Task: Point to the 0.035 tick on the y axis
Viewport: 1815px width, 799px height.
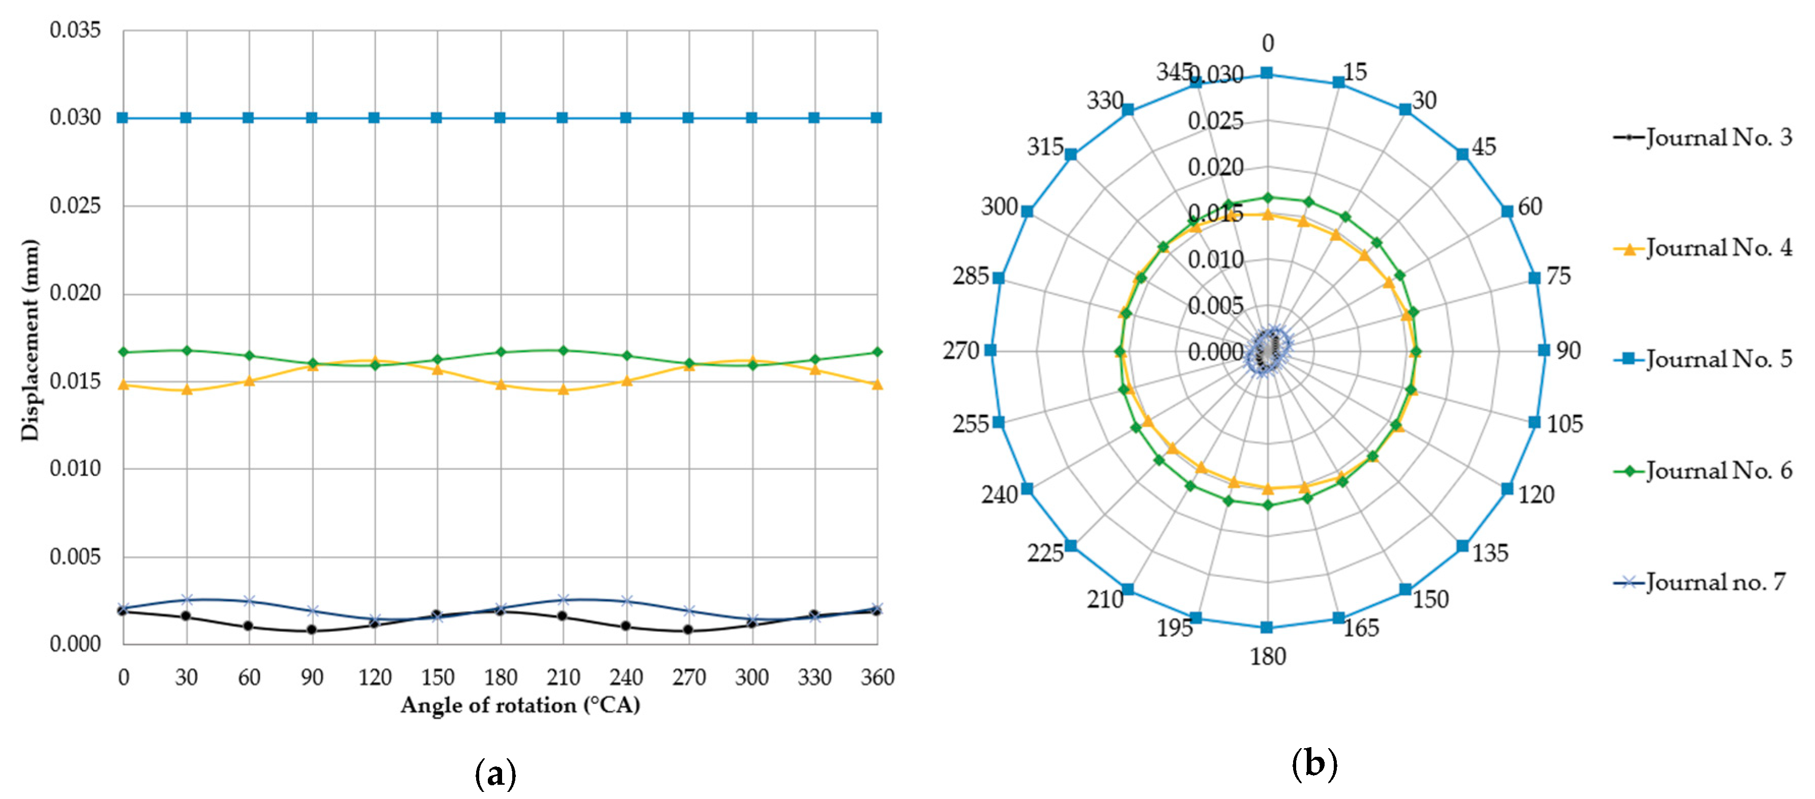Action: tap(75, 31)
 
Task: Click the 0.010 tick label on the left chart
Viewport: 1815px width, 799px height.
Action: tap(75, 468)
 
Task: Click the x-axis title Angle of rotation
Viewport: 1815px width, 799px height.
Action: tap(520, 705)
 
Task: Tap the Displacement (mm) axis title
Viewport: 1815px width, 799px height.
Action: tap(30, 340)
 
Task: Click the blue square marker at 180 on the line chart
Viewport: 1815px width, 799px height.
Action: tap(500, 117)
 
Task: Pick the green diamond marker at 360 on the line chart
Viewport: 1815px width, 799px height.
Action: tap(877, 351)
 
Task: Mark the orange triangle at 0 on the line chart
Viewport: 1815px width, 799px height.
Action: tap(123, 384)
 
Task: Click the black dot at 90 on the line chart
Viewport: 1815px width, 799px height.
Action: tap(311, 629)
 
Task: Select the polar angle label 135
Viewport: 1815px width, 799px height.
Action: tap(1490, 553)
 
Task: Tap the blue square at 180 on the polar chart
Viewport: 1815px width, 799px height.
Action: tap(1267, 627)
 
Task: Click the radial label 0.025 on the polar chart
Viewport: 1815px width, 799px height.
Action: tap(1215, 121)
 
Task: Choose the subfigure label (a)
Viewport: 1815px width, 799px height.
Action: tap(495, 774)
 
